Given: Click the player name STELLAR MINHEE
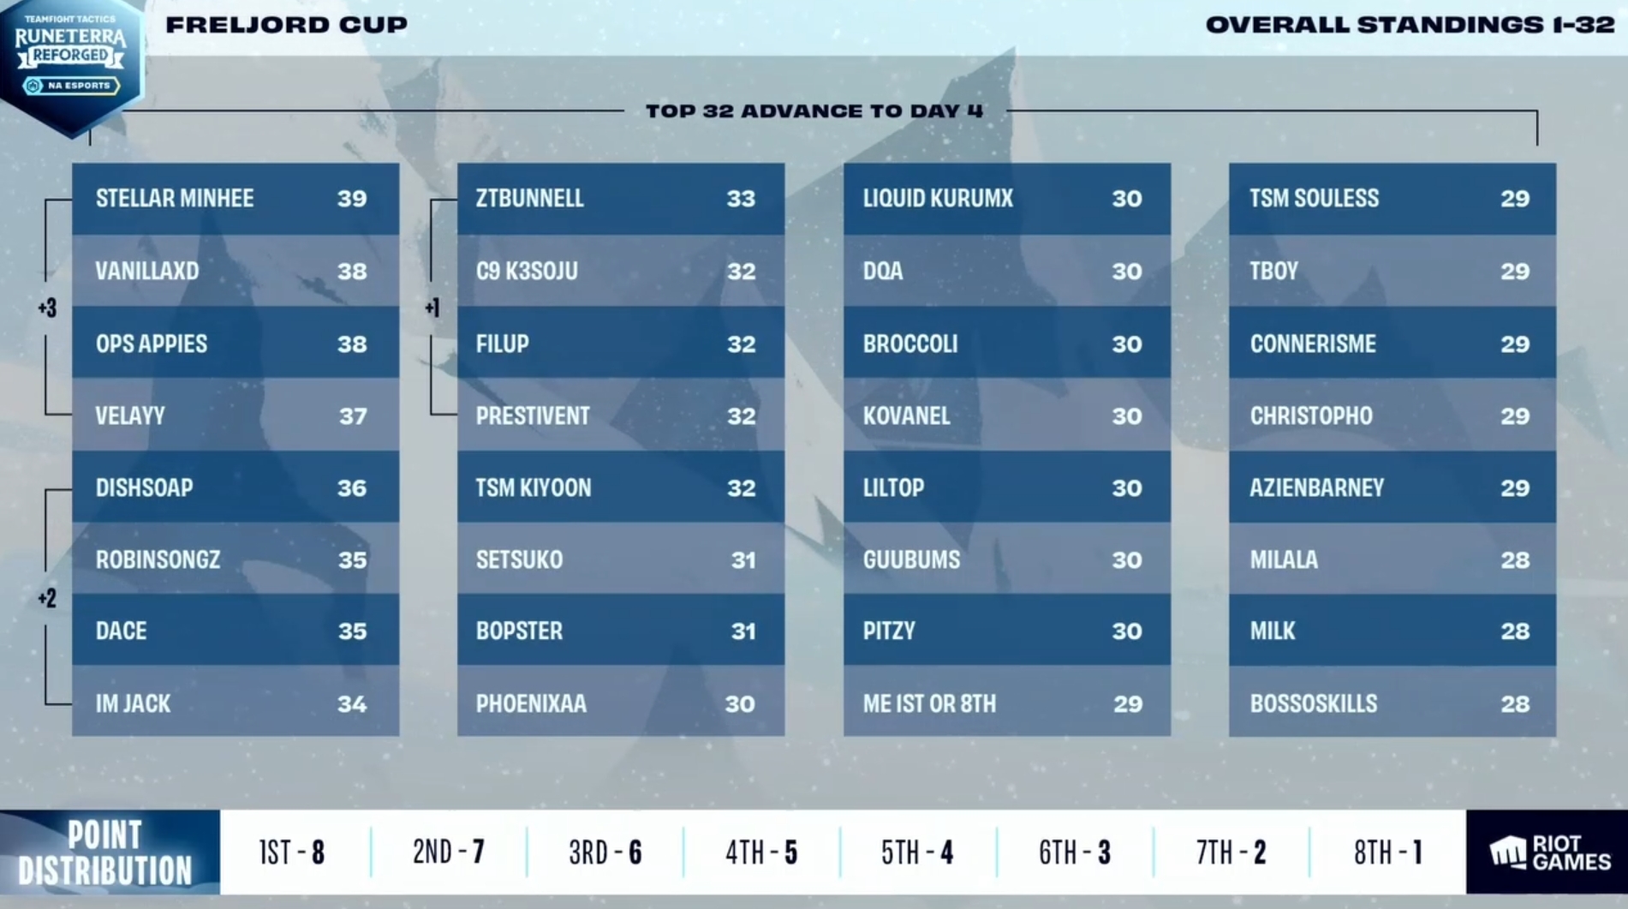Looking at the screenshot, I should [x=175, y=199].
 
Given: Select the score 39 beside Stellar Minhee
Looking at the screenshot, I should [x=352, y=199].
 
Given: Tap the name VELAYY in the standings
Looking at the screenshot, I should [x=130, y=416].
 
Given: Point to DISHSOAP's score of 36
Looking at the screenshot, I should [x=352, y=488].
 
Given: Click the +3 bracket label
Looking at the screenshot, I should [x=47, y=308].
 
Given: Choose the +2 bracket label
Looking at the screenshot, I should [x=47, y=598].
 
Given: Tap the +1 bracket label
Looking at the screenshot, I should [x=432, y=308].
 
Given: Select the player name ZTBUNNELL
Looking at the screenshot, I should [x=530, y=199].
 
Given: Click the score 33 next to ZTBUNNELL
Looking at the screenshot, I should [x=741, y=199].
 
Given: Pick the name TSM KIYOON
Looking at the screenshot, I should [x=534, y=488].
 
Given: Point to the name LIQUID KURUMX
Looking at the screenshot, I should [x=938, y=199].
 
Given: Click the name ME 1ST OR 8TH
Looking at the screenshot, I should [x=929, y=704].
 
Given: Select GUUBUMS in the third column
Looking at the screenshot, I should [x=911, y=560].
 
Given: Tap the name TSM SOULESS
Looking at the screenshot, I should [x=1314, y=199].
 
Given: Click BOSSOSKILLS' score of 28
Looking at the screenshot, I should [x=1515, y=704].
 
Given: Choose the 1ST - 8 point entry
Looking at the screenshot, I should [x=292, y=852].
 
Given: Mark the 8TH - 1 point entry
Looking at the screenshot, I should [x=1387, y=852].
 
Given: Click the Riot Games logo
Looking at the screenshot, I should [x=1549, y=853].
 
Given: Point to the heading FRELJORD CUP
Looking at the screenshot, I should [x=286, y=25].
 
